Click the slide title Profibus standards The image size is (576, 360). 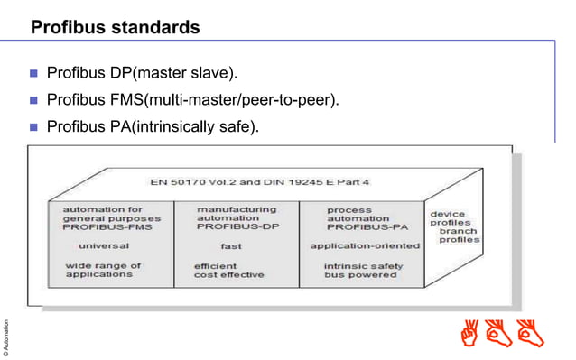[115, 28]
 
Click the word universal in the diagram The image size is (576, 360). [103, 245]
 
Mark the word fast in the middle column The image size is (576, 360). [230, 245]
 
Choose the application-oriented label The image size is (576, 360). [364, 245]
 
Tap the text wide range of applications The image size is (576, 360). [103, 270]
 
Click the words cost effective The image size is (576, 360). [230, 275]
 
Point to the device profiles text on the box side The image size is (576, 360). [449, 218]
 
